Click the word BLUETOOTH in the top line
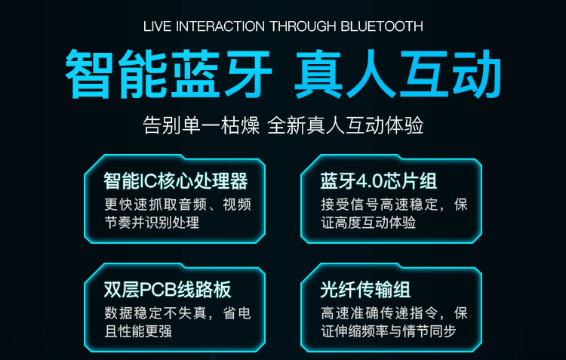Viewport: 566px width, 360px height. [x=382, y=26]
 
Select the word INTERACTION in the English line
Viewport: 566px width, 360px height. [x=220, y=26]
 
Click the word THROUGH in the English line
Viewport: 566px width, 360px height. [x=303, y=26]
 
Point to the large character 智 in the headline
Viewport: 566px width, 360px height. [x=88, y=74]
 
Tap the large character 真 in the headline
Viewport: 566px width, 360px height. [x=318, y=74]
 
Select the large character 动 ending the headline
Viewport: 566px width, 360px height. [x=476, y=74]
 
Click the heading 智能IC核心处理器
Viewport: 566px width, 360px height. [x=176, y=181]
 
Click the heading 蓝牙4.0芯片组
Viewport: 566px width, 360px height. [x=379, y=181]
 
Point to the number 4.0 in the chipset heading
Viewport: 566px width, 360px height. [x=370, y=181]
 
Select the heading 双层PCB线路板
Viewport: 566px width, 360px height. [x=168, y=289]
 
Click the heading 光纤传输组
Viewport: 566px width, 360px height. [x=365, y=289]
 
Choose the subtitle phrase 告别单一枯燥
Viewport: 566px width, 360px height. [x=201, y=125]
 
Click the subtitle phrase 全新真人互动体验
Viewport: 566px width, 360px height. [x=346, y=125]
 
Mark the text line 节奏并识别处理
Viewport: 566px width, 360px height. [x=152, y=223]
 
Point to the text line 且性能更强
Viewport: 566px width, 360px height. [x=138, y=331]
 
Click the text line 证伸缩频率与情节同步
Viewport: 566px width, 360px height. [x=389, y=331]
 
